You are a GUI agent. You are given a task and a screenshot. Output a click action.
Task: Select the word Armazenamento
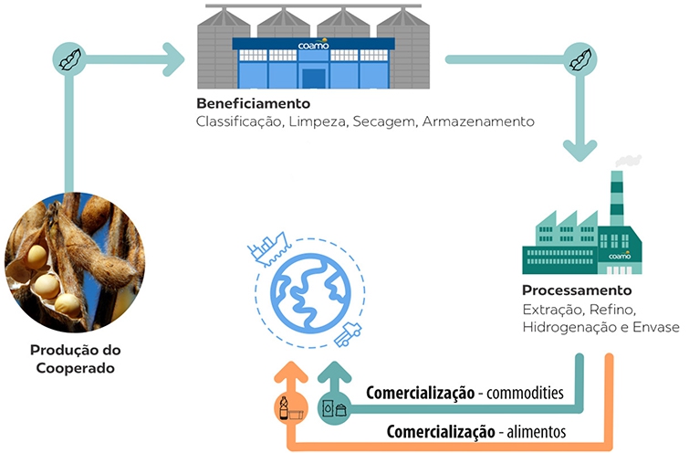click(x=478, y=121)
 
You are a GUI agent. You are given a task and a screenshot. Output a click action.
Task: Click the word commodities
click(x=525, y=394)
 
